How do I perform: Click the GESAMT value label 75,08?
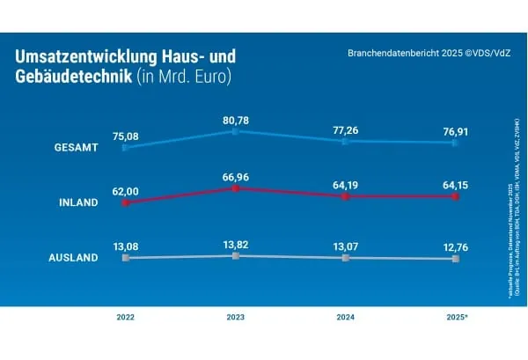[125, 136]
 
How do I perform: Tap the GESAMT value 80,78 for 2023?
[235, 119]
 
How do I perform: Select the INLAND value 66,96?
[235, 177]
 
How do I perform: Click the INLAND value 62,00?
[125, 190]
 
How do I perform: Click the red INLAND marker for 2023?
[235, 188]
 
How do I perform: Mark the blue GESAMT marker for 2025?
[455, 142]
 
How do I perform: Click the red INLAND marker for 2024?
[345, 196]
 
